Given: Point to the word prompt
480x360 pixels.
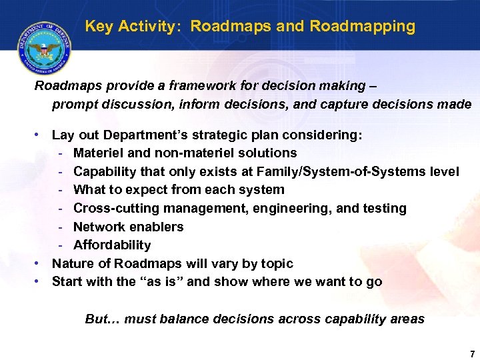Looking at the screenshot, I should pos(74,105).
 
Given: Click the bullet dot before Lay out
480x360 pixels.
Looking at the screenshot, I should pos(38,135).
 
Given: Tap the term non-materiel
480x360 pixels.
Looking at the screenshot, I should pos(189,153).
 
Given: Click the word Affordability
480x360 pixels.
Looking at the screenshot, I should pos(112,245).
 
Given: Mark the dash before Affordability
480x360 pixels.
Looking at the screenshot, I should pos(61,245).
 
